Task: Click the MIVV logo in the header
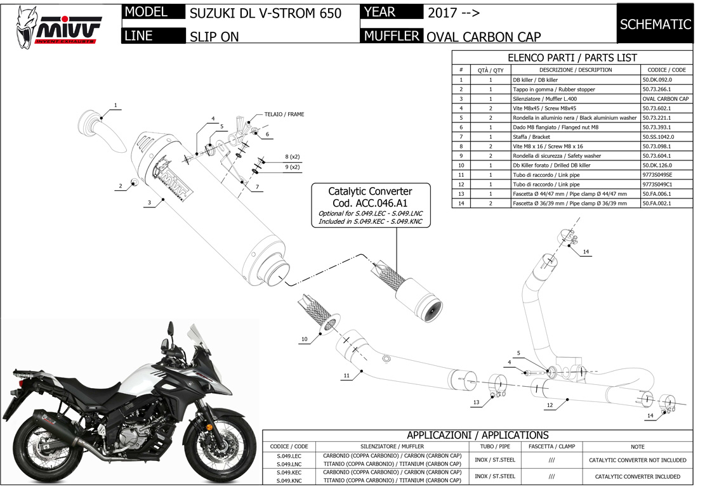[58, 27]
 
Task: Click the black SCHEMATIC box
[655, 24]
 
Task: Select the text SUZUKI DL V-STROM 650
[265, 13]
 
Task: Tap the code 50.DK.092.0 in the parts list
[657, 80]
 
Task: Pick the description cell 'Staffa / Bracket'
[531, 137]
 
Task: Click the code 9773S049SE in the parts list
[657, 175]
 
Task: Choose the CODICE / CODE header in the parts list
[666, 70]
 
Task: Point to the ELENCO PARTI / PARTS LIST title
[572, 58]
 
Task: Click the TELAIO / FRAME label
[284, 115]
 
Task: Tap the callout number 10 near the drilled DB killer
[305, 339]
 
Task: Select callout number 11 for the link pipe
[346, 375]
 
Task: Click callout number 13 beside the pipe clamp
[476, 403]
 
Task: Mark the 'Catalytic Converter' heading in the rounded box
[370, 192]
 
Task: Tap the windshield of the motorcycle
[201, 341]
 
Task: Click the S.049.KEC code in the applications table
[289, 472]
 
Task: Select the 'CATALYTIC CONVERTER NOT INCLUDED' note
[637, 460]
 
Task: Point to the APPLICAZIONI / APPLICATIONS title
[477, 435]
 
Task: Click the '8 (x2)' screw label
[293, 157]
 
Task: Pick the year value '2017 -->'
[453, 13]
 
